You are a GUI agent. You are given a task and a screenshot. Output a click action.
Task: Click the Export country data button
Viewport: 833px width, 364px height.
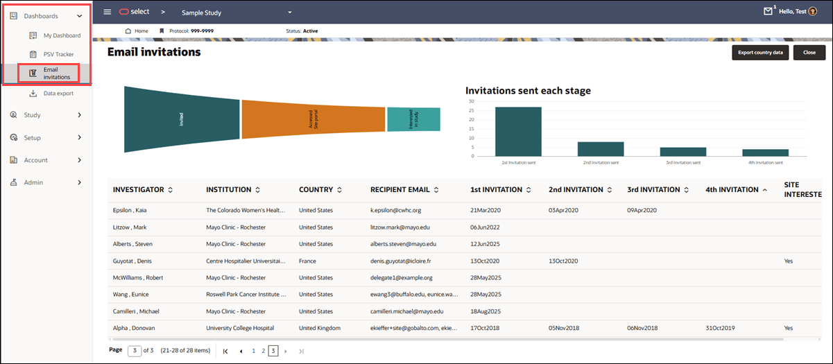(760, 53)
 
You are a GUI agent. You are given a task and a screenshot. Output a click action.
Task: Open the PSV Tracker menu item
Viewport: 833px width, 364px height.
(58, 54)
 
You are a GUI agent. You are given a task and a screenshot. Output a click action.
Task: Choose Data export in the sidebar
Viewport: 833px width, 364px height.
(58, 93)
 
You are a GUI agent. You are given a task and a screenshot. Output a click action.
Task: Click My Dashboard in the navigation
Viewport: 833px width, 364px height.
(61, 35)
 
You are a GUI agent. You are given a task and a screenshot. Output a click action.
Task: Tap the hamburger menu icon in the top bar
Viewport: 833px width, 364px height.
(107, 12)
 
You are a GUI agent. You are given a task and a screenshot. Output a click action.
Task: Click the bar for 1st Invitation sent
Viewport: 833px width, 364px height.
(518, 131)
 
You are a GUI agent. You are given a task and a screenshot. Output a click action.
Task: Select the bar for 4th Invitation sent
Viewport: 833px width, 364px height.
(765, 152)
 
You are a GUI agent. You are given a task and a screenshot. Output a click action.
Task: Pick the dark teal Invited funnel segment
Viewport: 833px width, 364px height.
(182, 119)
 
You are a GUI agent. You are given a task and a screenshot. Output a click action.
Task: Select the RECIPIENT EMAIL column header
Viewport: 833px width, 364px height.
(400, 189)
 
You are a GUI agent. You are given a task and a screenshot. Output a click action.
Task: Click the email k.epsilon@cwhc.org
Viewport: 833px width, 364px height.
(395, 209)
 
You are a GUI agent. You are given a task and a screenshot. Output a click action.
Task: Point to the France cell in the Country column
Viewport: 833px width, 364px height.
(307, 261)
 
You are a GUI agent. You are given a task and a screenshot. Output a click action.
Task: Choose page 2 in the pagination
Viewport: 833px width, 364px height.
(263, 352)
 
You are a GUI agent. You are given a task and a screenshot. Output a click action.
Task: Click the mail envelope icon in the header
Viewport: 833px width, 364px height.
(768, 12)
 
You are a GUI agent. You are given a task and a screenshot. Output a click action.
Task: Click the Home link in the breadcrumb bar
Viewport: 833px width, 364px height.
(141, 31)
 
